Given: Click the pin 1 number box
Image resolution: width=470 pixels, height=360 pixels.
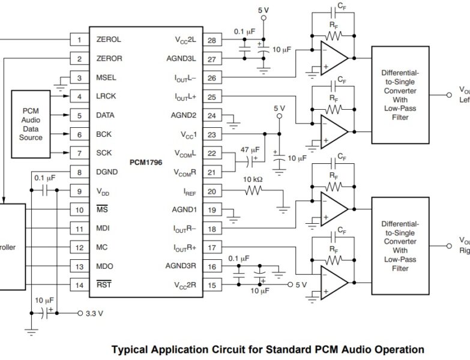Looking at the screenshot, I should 79,40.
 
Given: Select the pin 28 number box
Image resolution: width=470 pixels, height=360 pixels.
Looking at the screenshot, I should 211,40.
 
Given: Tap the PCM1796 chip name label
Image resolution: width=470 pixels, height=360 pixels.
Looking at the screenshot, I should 146,163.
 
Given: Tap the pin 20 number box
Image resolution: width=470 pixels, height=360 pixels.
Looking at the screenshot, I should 211,191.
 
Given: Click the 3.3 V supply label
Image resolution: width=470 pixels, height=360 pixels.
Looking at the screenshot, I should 95,313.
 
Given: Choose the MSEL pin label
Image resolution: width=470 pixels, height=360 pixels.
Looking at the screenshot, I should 106,78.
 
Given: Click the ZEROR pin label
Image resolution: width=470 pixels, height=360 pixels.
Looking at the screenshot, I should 109,59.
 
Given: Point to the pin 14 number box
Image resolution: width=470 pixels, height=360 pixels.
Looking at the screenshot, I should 79,284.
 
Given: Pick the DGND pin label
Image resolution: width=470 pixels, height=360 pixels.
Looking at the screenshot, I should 106,172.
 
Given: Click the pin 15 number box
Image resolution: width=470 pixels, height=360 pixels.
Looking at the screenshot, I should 211,284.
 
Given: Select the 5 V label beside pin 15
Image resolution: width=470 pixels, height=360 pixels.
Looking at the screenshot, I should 301,284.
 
